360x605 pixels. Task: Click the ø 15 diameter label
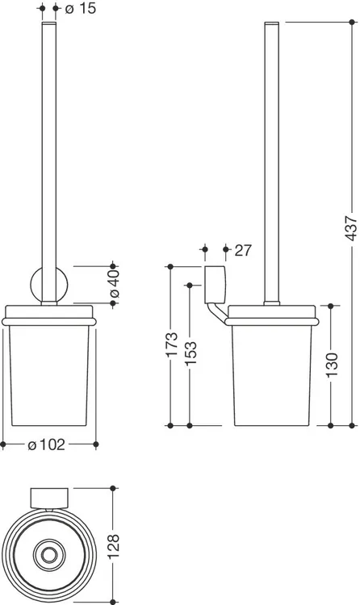(81, 9)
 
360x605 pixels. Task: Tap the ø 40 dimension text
(115, 284)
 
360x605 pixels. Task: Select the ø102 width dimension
(47, 444)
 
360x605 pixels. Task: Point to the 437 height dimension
(351, 228)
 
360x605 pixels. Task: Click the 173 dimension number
(171, 344)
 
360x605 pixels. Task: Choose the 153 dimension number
(190, 353)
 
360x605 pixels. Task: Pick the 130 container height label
(332, 365)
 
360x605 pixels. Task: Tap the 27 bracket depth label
(243, 250)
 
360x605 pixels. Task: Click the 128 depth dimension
(114, 547)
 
